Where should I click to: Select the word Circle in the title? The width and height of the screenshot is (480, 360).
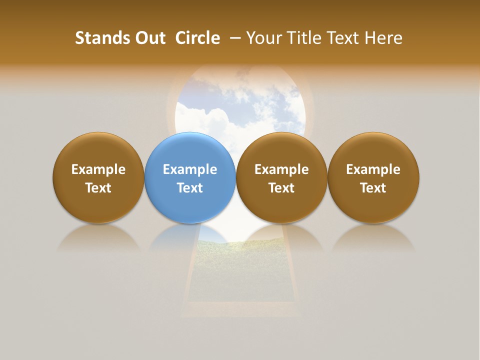tap(197, 38)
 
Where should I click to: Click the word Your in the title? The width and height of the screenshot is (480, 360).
tap(263, 38)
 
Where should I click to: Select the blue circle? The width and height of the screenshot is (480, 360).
tap(190, 150)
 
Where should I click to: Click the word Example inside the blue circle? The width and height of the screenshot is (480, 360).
tap(190, 169)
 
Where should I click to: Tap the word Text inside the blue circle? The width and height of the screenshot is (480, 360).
tap(190, 188)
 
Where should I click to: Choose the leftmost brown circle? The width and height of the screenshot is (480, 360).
tap(98, 150)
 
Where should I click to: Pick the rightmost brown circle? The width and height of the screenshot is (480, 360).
tap(373, 150)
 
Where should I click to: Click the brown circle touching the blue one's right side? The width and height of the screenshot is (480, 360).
tap(281, 150)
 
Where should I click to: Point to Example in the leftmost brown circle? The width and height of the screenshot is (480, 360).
tap(98, 169)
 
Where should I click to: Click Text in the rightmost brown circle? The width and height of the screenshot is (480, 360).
tap(373, 188)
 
